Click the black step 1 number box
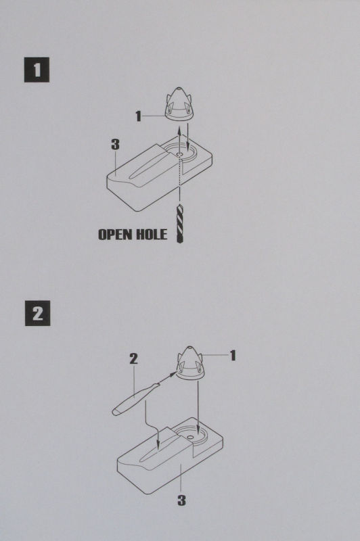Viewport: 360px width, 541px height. click(37, 70)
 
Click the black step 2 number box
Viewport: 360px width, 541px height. click(38, 313)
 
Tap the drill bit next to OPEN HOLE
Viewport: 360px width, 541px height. click(180, 224)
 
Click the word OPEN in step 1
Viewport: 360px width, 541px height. click(115, 235)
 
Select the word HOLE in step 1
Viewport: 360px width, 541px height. click(152, 235)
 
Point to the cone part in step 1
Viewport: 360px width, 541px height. click(179, 103)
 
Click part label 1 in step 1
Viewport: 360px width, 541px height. click(139, 116)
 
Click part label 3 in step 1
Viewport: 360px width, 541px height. click(115, 144)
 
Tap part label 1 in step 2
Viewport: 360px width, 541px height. click(233, 356)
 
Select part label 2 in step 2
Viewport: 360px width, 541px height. click(133, 359)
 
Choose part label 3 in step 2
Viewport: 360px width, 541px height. click(181, 500)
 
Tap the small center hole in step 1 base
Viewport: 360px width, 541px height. click(179, 154)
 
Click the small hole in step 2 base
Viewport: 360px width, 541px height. click(189, 437)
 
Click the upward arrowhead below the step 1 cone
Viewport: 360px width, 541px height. click(179, 131)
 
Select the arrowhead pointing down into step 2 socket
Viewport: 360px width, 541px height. click(198, 430)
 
